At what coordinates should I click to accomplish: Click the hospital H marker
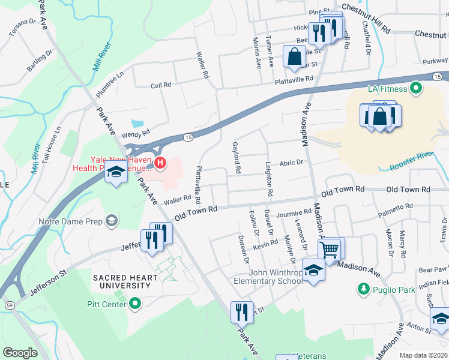pyautogui.click(x=160, y=162)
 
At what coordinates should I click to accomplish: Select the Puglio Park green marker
pyautogui.click(x=363, y=290)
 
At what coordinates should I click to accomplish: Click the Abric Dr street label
pyautogui.click(x=292, y=162)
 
